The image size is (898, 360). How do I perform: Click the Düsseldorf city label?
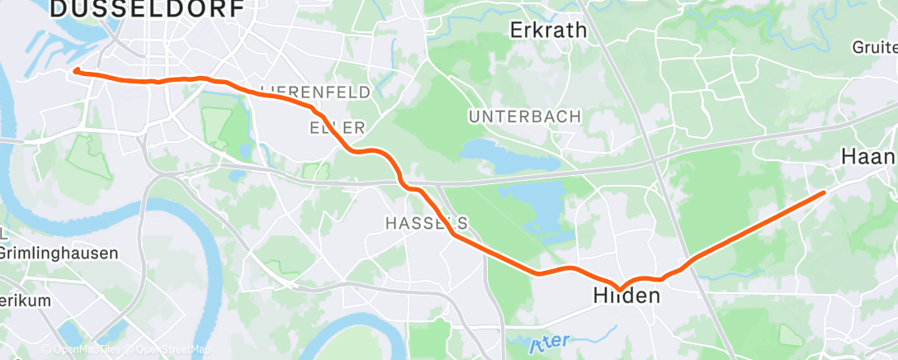[x=147, y=9]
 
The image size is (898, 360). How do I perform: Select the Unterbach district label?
[x=525, y=116]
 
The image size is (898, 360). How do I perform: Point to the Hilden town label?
[x=626, y=296]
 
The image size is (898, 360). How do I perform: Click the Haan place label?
[x=867, y=157]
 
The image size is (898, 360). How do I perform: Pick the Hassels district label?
[x=428, y=223]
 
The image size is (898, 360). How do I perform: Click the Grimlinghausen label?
[x=59, y=253]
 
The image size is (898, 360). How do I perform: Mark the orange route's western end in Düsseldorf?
[x=76, y=71]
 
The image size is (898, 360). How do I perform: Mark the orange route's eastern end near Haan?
[x=823, y=192]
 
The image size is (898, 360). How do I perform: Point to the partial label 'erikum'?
[x=25, y=301]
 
